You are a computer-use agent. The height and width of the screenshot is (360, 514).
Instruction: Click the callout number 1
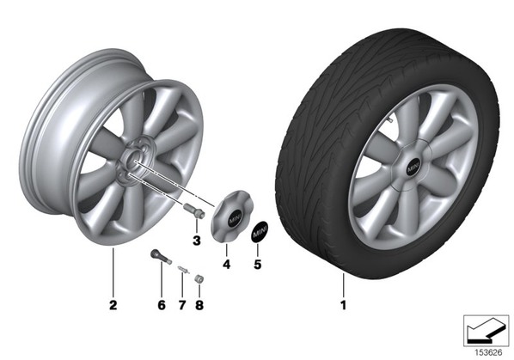click(343, 305)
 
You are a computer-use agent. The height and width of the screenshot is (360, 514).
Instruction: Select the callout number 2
click(113, 305)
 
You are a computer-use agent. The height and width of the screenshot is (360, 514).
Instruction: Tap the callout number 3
click(196, 241)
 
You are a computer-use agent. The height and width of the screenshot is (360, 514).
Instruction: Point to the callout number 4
click(226, 264)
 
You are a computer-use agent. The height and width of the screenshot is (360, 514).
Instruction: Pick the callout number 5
click(258, 264)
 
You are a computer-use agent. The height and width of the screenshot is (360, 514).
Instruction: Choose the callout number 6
click(162, 305)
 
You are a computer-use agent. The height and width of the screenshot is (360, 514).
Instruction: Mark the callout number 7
click(182, 305)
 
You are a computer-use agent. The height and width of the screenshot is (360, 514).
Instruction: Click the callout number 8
click(199, 305)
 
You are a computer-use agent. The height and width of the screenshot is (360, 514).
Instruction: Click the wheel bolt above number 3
click(193, 210)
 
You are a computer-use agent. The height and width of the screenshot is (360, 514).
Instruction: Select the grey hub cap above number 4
click(232, 217)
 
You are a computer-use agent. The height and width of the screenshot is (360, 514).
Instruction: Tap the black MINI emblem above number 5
click(260, 231)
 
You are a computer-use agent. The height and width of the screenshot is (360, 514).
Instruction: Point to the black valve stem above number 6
click(161, 257)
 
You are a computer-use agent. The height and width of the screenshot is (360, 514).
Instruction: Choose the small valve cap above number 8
click(199, 278)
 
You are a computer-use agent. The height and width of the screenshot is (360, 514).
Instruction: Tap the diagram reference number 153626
click(489, 353)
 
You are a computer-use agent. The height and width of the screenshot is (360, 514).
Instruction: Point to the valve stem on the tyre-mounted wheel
click(389, 120)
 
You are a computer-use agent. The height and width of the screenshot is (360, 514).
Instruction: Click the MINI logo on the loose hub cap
click(235, 218)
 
